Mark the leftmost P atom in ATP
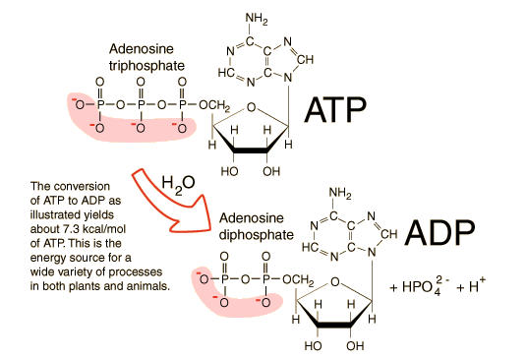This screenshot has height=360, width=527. point(101,102)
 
